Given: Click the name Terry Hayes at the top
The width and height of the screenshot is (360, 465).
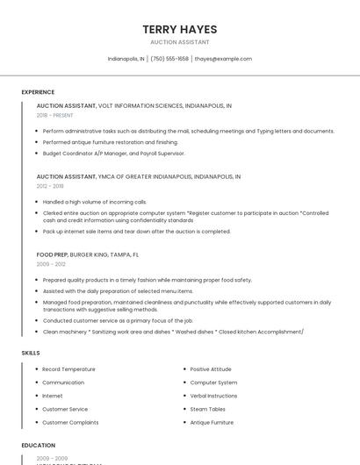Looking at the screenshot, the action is [179, 30].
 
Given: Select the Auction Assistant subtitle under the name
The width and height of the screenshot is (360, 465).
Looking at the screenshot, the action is [179, 42].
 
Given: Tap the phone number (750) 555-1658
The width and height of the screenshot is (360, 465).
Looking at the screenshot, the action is [169, 59].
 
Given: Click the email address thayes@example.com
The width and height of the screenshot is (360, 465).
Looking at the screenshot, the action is [223, 59].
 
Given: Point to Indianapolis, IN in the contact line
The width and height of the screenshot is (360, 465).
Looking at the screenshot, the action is [126, 59].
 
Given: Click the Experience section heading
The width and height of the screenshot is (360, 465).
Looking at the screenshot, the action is [38, 92].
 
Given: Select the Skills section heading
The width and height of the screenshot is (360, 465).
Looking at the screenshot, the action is [31, 353].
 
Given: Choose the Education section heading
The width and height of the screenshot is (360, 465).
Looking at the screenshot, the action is [39, 446].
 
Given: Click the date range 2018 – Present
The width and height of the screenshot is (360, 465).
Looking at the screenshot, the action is [54, 115].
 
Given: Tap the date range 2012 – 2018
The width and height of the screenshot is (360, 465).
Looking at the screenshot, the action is [50, 186].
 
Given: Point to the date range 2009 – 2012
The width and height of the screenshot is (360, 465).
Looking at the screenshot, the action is [51, 264].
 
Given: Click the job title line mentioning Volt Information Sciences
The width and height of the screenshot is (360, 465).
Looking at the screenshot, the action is [133, 105].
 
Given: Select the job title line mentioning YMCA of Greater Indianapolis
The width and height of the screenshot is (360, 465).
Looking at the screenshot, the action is [138, 176].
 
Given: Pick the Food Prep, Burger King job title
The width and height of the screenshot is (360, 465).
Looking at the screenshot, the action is [87, 254].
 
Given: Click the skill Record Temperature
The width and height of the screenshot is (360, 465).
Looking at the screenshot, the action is [68, 369].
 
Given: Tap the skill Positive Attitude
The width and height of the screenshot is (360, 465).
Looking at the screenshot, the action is [211, 369].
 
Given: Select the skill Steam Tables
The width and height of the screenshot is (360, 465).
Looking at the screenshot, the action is [208, 409].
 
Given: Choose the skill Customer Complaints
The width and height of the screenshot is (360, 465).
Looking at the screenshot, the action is [70, 422].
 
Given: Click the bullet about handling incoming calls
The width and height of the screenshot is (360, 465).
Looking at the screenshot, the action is [94, 202].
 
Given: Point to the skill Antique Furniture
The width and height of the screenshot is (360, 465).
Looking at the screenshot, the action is [212, 422].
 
